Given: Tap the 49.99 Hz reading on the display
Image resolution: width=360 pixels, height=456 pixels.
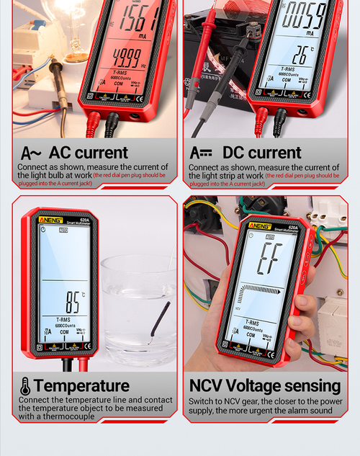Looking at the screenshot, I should point(127,55).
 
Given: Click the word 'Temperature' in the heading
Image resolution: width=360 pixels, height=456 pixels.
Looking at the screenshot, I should point(81,385).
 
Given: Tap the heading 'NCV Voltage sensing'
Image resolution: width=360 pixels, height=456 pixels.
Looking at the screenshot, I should point(264,385).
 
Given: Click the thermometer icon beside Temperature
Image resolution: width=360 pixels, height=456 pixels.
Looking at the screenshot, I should point(25,385).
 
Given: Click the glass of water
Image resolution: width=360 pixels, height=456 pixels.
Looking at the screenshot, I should point(138,310).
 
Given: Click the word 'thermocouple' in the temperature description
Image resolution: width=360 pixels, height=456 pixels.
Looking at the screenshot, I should point(71,416).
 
